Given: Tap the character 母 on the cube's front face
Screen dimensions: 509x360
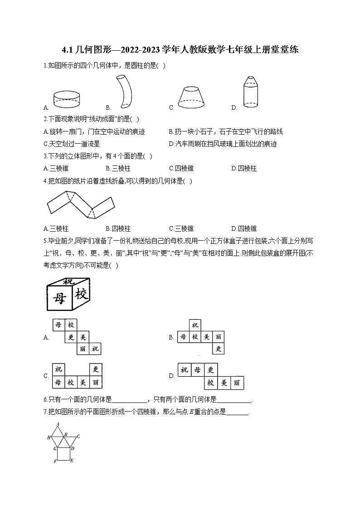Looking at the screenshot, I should point(60,298).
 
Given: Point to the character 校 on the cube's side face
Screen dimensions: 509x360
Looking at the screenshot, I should point(81,294).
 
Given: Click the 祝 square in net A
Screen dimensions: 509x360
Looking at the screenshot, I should point(94,349).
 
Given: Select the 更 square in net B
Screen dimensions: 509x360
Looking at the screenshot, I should point(219,349).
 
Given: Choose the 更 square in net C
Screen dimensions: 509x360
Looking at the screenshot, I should point(95,370).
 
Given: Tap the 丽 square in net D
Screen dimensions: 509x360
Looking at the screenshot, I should point(237,383).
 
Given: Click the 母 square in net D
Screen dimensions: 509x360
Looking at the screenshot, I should point(198,370).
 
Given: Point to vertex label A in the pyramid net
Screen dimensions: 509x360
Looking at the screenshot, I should point(58,424).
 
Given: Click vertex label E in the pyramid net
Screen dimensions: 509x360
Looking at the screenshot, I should point(72,461).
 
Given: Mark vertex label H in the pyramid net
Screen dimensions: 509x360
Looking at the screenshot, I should point(49,437).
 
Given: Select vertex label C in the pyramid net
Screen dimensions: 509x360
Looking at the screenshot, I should point(78,436).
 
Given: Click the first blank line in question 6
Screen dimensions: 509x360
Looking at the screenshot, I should point(129,400).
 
